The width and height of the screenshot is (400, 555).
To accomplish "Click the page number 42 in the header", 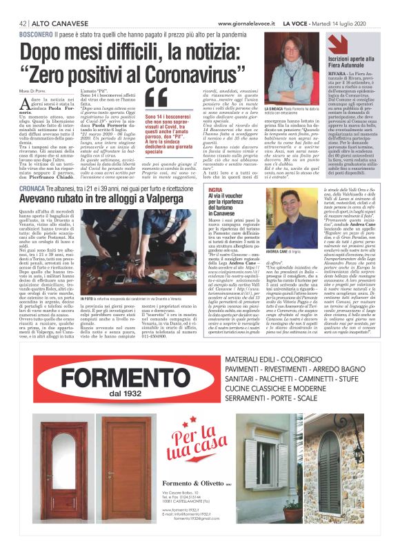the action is click(23, 23).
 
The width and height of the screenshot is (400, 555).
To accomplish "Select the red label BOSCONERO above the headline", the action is click(37, 34).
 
